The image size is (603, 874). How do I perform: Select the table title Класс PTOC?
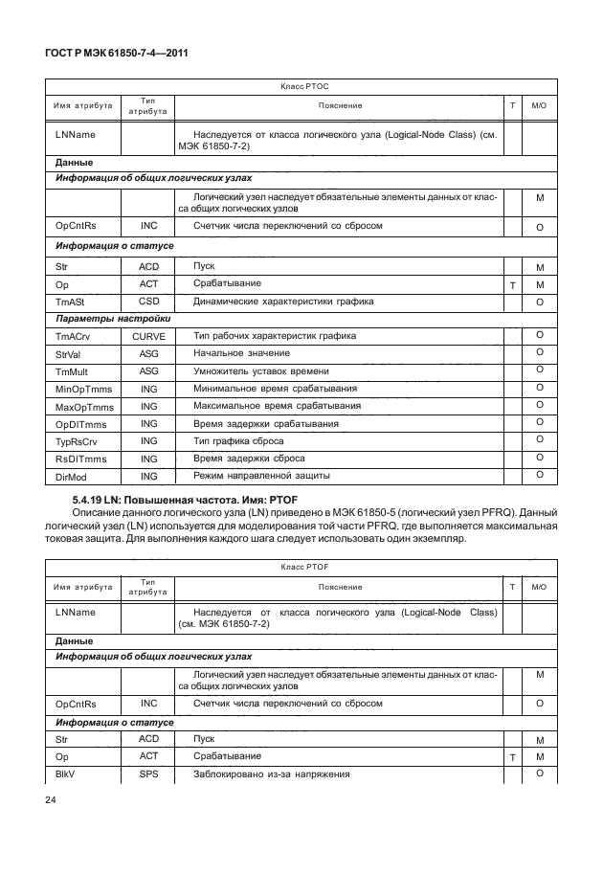[x=304, y=86]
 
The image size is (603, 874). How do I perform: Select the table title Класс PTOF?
[x=304, y=567]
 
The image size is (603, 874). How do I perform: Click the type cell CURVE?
[x=148, y=336]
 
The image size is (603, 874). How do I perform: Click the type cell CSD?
[x=148, y=302]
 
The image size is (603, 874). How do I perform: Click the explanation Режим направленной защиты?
[x=261, y=476]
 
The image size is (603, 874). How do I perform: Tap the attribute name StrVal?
[x=71, y=354]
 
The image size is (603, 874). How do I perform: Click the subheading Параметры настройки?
[x=113, y=319]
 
